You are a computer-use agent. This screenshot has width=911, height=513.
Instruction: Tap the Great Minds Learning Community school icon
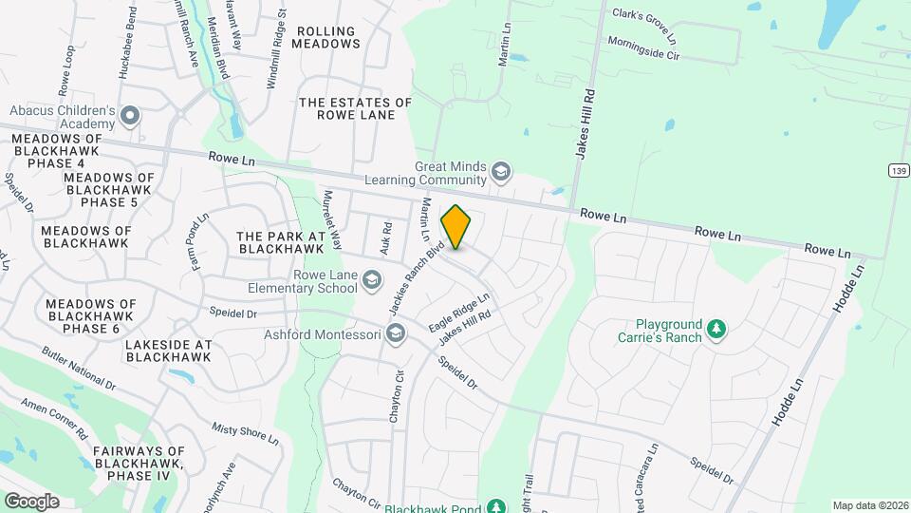501,173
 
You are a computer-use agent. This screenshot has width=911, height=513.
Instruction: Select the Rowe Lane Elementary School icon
373,279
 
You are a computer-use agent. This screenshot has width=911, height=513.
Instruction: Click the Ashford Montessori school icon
395,333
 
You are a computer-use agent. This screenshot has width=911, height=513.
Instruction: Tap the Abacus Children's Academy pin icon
131,118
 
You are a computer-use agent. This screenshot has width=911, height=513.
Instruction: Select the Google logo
31,501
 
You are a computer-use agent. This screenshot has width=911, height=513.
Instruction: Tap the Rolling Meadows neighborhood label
328,37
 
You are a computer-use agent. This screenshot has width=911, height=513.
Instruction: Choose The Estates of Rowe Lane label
355,110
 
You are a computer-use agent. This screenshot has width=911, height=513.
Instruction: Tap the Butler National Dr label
78,369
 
